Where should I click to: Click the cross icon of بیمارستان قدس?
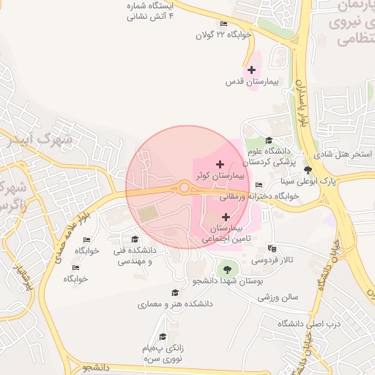[x=252, y=70]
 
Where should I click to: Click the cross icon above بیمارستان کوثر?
[x=220, y=164]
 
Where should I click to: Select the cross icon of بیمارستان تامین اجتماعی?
[x=226, y=217]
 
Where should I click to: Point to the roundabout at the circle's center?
[x=183, y=187]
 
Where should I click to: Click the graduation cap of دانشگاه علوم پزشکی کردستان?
[x=269, y=140]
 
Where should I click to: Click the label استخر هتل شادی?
[x=344, y=155]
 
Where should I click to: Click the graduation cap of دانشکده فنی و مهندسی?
[x=134, y=239]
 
